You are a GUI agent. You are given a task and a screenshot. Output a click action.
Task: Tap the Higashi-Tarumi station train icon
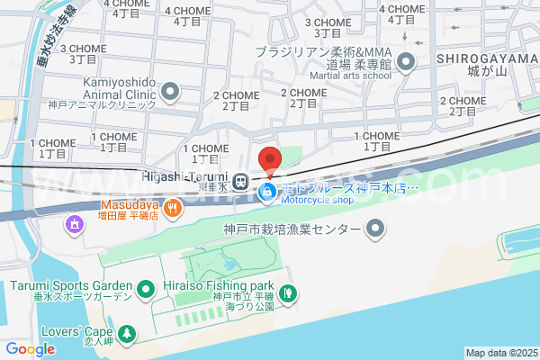[240, 181]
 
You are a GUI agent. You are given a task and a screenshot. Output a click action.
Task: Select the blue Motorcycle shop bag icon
[267, 191]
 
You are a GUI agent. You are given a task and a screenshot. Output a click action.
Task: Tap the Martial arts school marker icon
[406, 62]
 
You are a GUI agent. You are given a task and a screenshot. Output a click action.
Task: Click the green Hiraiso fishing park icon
[286, 292]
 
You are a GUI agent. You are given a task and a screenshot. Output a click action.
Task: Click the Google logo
[30, 349]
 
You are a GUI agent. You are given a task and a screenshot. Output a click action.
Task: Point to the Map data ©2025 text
[501, 353]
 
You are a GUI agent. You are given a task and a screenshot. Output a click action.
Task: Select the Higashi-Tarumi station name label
[185, 175]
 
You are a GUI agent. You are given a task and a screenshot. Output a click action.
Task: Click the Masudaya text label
[122, 204]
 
